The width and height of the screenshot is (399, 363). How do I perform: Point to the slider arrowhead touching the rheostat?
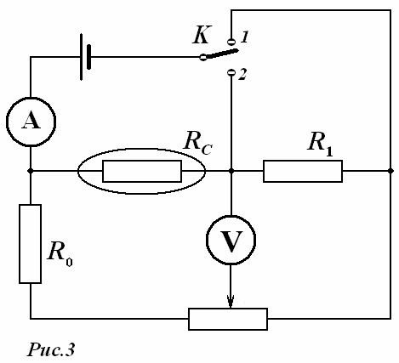click(231, 302)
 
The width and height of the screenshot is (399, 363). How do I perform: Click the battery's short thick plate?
click(89, 57)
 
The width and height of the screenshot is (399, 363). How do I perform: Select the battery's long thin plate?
click(82, 57)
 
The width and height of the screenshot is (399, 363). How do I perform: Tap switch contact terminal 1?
click(231, 42)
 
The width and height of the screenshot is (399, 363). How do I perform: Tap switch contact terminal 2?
click(231, 73)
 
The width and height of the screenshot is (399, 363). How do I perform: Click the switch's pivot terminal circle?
click(203, 57)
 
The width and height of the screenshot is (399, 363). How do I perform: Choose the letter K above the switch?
click(202, 35)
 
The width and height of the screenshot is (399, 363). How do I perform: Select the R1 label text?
click(320, 142)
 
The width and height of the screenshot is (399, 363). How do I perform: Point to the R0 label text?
click(60, 252)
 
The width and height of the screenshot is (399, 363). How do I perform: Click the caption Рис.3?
click(51, 349)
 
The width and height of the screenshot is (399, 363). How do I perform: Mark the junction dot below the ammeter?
click(31, 171)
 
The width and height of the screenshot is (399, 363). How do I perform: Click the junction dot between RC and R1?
click(231, 171)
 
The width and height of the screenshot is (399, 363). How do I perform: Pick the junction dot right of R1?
click(390, 171)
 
